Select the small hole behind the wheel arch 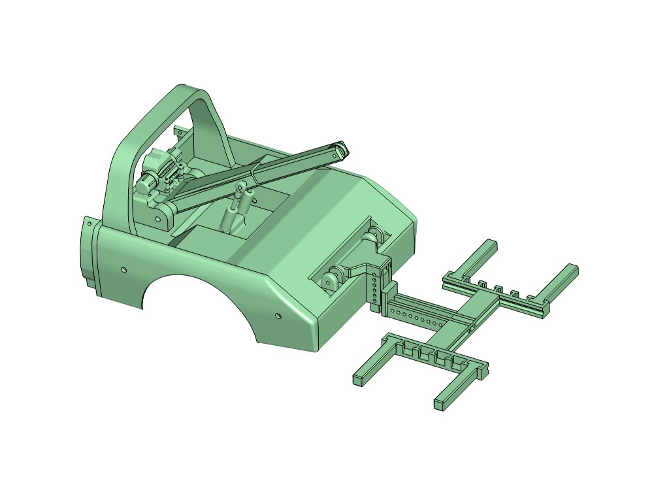pyautogui.click(x=279, y=316)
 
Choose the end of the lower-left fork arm pyautogui.click(x=359, y=378)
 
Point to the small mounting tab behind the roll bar pyautogui.click(x=177, y=130)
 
